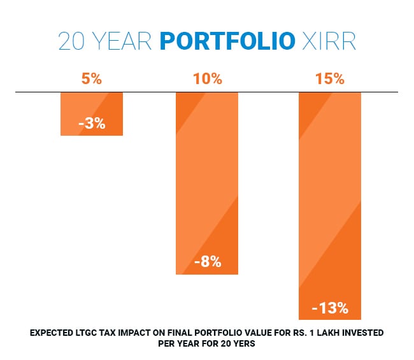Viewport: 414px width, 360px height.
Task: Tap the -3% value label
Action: click(x=92, y=124)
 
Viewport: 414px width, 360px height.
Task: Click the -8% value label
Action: click(x=207, y=261)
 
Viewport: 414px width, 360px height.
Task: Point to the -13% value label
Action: click(x=330, y=308)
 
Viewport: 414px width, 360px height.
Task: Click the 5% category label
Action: click(x=92, y=80)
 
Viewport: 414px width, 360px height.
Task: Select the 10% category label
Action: click(x=207, y=80)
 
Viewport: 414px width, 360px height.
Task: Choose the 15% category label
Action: click(x=330, y=80)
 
